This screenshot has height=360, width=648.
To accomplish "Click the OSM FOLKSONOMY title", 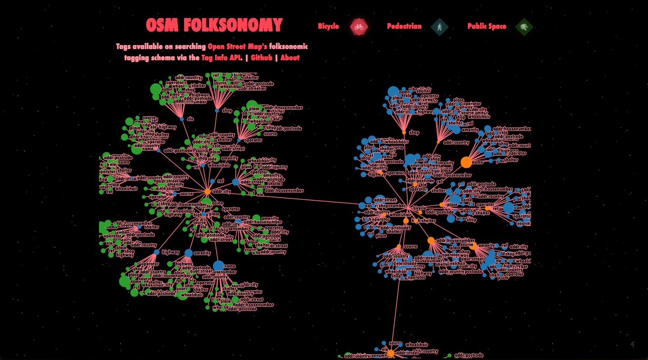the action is tap(214, 25).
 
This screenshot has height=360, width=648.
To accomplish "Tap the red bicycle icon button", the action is tap(359, 27).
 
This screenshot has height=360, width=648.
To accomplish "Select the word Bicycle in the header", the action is tap(328, 26).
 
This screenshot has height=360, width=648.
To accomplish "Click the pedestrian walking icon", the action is tap(439, 27).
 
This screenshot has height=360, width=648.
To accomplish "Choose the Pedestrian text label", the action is tap(404, 26).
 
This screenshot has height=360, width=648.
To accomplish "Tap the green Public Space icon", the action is tap(524, 27).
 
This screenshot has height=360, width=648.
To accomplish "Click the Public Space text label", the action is tap(486, 26).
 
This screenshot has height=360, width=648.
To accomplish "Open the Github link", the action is tap(261, 58).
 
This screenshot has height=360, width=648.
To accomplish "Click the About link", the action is tap(290, 58).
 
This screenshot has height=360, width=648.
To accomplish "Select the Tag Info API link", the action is tap(221, 58).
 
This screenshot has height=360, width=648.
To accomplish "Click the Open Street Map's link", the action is tap(237, 46).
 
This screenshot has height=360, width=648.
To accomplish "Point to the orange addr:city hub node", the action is tap(207, 191).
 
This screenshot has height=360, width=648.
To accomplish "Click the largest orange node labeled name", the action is tap(466, 162).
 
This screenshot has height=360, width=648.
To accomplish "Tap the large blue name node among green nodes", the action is tap(218, 266).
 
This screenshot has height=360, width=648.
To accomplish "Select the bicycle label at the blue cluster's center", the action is tap(419, 208).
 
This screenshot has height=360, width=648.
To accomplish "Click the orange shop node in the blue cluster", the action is tap(404, 132).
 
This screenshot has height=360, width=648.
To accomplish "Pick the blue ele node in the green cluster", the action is tap(182, 119).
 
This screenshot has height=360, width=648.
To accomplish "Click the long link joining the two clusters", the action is tap(288, 198).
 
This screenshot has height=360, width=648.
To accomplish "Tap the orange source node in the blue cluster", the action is tap(399, 246).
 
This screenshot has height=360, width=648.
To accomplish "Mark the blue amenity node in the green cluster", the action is tap(189, 253).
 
